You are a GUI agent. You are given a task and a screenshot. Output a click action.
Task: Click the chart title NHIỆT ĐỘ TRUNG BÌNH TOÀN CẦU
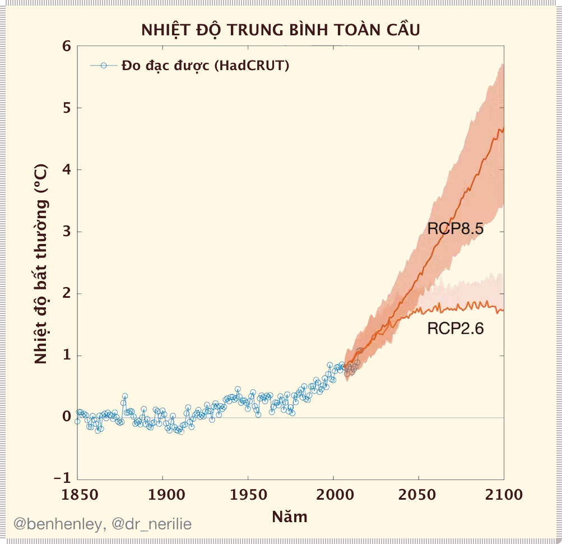point(280,29)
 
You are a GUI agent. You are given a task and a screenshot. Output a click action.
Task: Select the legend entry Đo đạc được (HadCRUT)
point(205,66)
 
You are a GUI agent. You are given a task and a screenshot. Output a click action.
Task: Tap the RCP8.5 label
point(455,229)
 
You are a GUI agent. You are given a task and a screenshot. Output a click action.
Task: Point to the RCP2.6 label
point(455,329)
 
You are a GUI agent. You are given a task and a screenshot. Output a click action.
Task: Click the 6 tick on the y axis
point(67,46)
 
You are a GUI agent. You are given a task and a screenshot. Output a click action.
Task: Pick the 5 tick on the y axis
point(67,108)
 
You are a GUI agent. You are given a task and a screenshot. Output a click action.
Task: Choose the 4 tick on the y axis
point(67,169)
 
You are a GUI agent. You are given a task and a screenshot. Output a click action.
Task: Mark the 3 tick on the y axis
point(67,232)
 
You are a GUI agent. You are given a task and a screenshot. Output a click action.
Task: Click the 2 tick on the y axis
point(67,293)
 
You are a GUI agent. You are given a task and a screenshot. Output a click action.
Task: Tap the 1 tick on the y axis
point(67,355)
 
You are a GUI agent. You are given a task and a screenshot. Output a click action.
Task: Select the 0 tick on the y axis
point(67,417)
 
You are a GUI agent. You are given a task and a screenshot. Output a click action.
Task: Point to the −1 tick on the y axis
point(63,478)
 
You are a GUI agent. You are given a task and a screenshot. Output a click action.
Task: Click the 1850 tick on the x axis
point(77,495)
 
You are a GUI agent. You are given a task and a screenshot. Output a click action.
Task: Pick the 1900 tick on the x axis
point(162,495)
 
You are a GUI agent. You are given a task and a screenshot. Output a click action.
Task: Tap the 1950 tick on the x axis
point(248,495)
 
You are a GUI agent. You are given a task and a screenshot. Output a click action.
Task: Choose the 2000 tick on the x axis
point(333,495)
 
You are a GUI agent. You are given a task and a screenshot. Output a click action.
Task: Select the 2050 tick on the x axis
point(419,495)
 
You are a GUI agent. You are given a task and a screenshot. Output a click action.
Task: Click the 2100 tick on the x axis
point(504,495)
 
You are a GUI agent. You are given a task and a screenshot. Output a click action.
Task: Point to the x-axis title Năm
point(290,516)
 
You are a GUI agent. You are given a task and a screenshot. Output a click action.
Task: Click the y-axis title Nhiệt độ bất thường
point(41,264)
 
